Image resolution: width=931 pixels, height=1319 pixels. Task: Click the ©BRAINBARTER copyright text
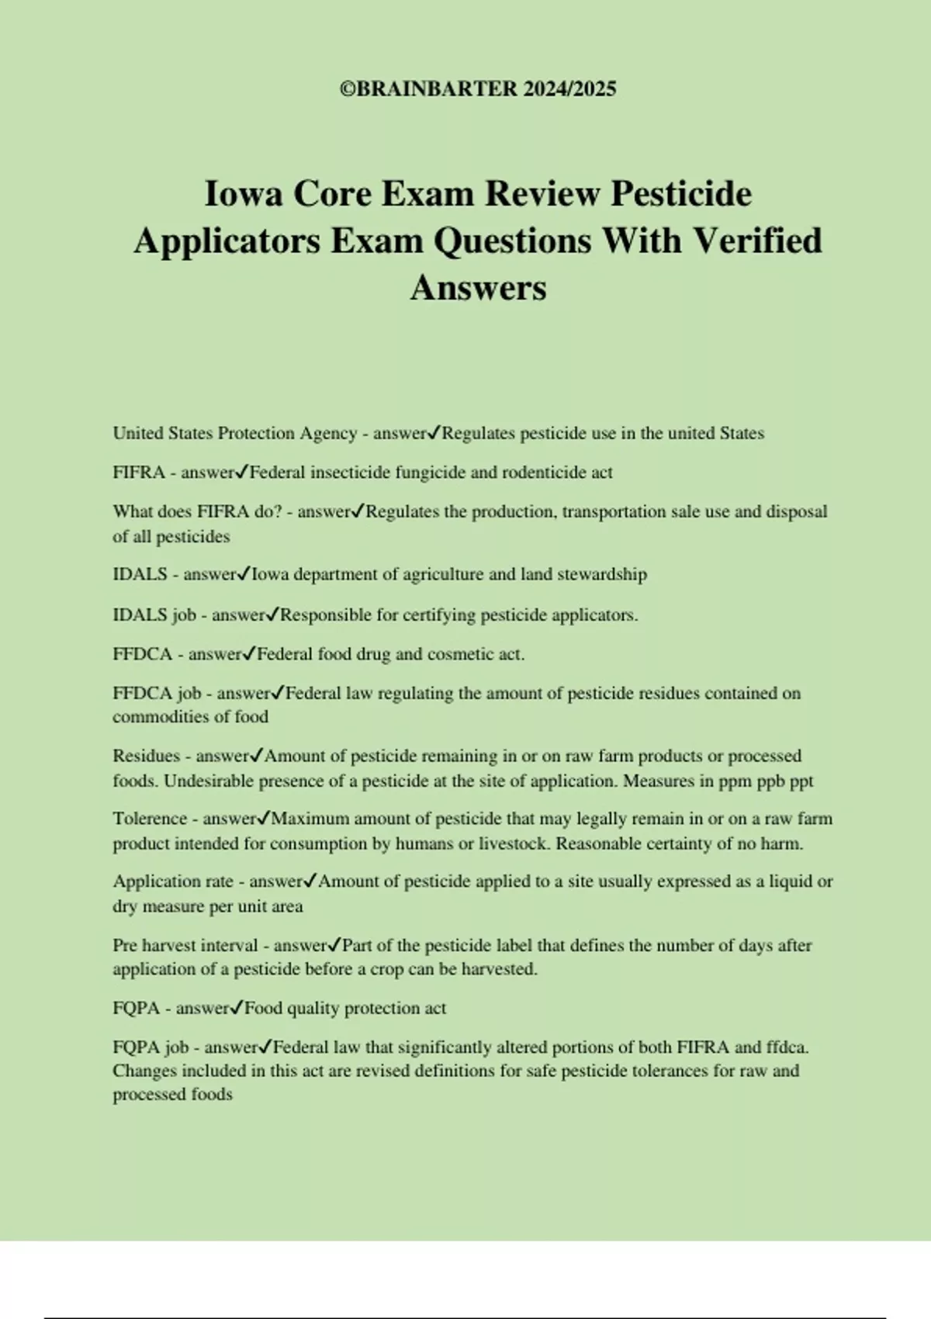pyautogui.click(x=428, y=89)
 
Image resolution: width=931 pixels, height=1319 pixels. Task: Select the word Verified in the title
pyautogui.click(x=756, y=241)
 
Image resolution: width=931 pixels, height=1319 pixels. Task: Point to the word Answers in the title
pyautogui.click(x=478, y=288)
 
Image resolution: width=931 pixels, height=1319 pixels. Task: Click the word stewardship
pyautogui.click(x=602, y=575)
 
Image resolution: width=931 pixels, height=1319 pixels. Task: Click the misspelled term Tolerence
pyautogui.click(x=150, y=819)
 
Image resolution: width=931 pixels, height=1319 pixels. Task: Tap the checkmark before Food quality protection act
pyautogui.click(x=237, y=1008)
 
